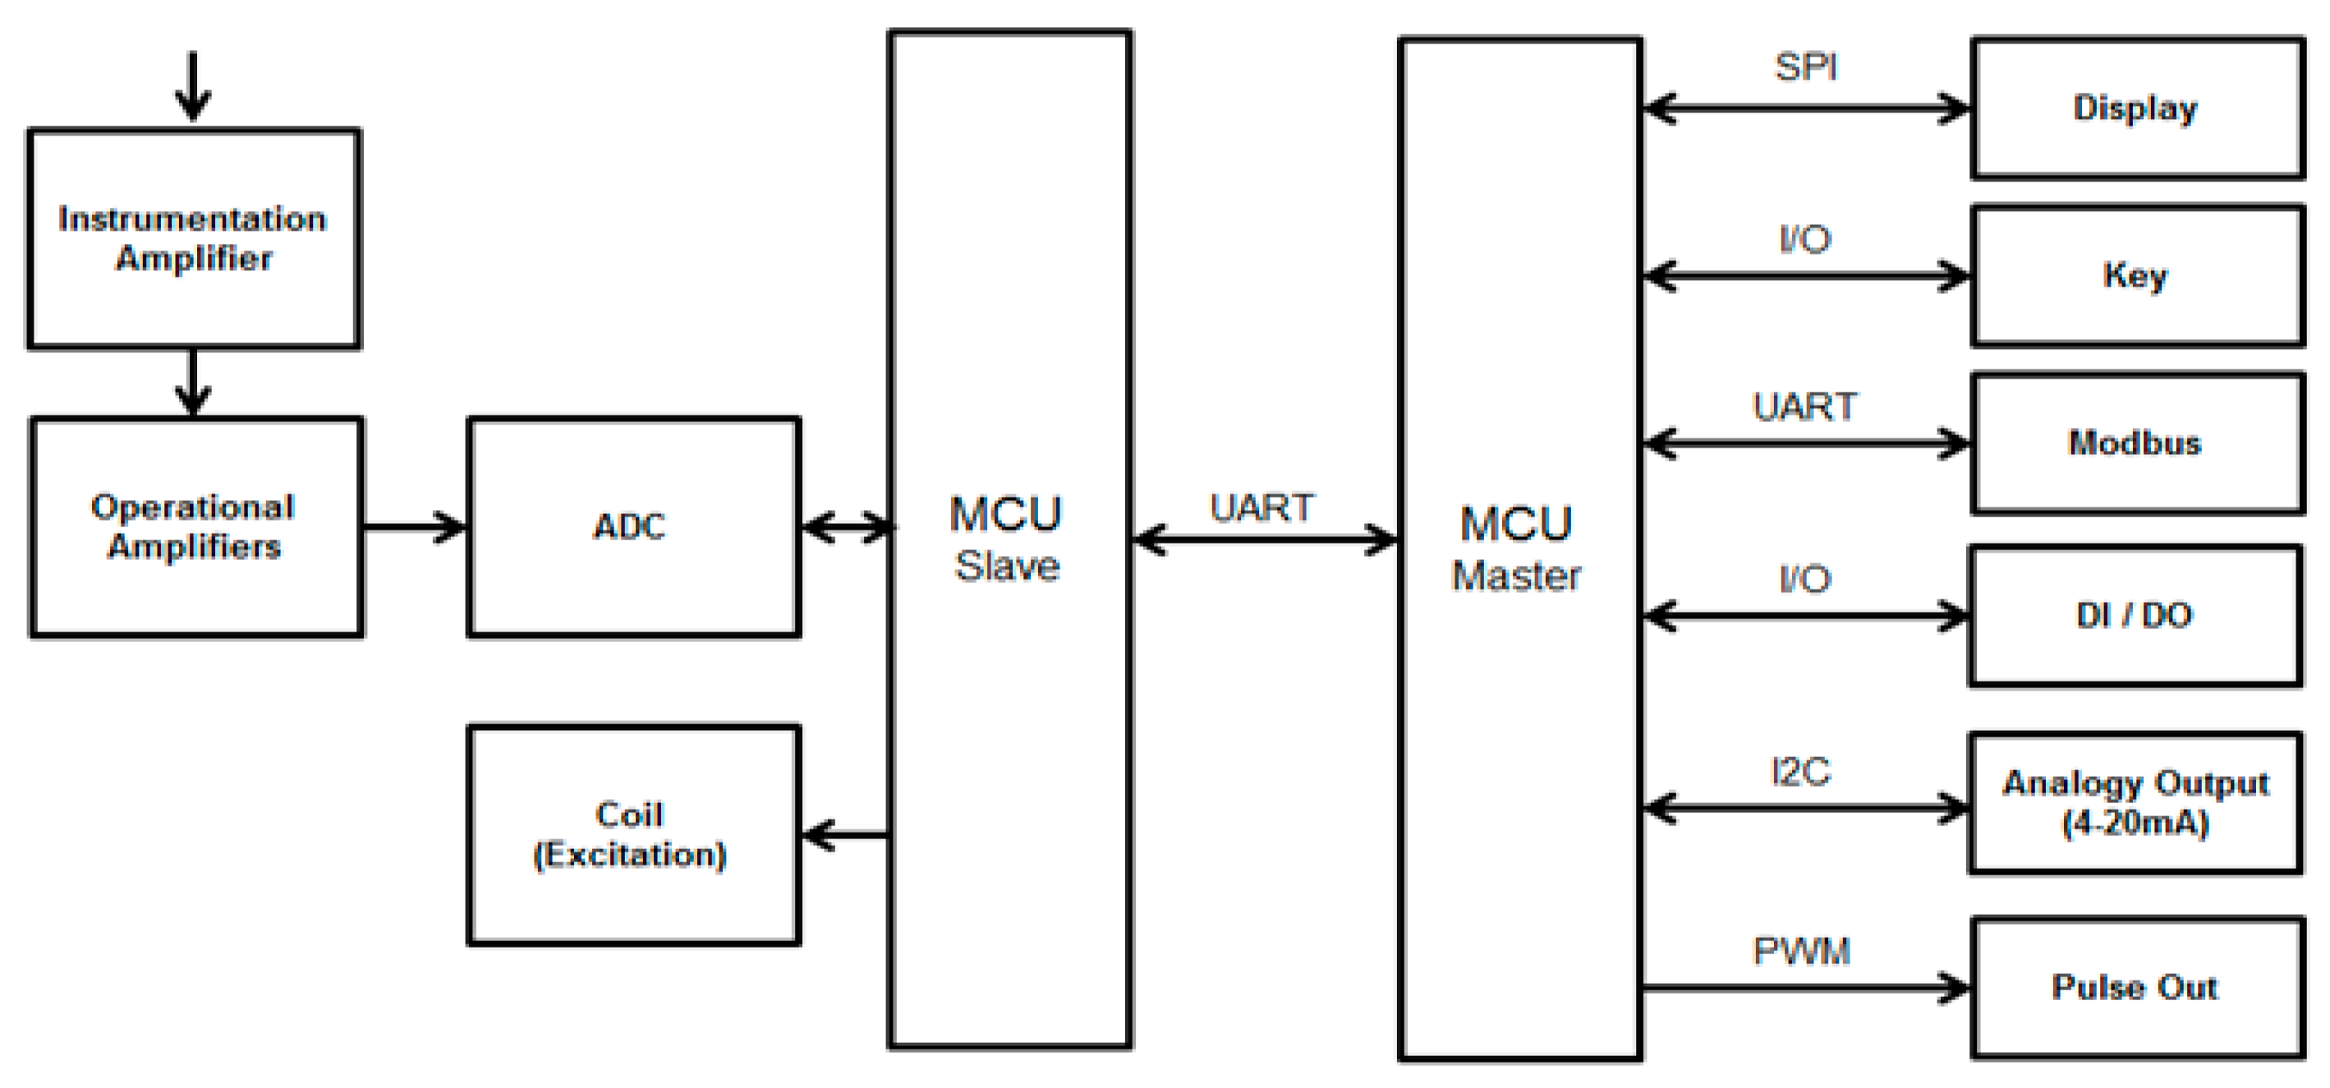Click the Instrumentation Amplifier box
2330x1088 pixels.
[x=194, y=239]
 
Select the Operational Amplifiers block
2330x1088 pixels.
[x=195, y=527]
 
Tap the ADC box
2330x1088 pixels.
[x=633, y=527]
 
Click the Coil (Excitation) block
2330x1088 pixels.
[x=633, y=835]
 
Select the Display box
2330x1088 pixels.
[x=2136, y=108]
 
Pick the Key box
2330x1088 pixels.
[x=2136, y=276]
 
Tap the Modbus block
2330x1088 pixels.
[x=2136, y=443]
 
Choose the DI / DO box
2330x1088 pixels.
[x=2135, y=616]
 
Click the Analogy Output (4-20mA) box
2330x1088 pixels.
[x=2135, y=803]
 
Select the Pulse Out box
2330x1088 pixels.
[x=2136, y=988]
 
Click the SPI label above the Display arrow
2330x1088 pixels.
[x=1806, y=67]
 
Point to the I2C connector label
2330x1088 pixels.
[x=1801, y=772]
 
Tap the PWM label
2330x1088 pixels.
[x=1802, y=952]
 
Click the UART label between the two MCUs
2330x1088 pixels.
[x=1262, y=508]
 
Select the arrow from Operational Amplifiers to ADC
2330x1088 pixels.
[x=414, y=527]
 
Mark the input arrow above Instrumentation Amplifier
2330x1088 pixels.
[x=193, y=87]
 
